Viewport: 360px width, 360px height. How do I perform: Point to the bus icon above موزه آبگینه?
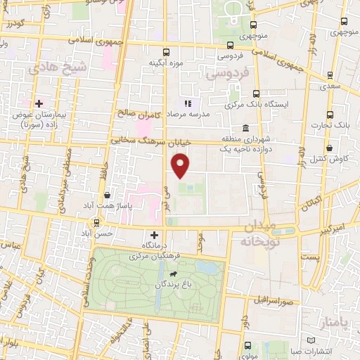click(x=166, y=52)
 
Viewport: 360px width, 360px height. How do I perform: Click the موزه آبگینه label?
click(x=166, y=63)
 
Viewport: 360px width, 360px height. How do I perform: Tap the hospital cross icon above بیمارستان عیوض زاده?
click(x=39, y=103)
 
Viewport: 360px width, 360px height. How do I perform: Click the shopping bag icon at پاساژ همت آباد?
click(x=106, y=195)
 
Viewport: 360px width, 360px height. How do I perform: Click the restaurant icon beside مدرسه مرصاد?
click(x=187, y=103)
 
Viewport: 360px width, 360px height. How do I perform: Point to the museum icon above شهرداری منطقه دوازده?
click(x=245, y=128)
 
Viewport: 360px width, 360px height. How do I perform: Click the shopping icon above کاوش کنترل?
click(x=330, y=148)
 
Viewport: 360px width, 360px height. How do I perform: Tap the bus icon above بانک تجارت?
click(x=330, y=115)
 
